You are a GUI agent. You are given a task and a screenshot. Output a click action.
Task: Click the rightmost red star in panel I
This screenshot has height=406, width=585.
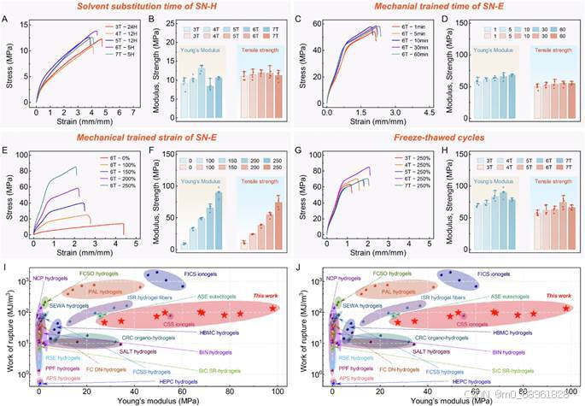273,308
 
